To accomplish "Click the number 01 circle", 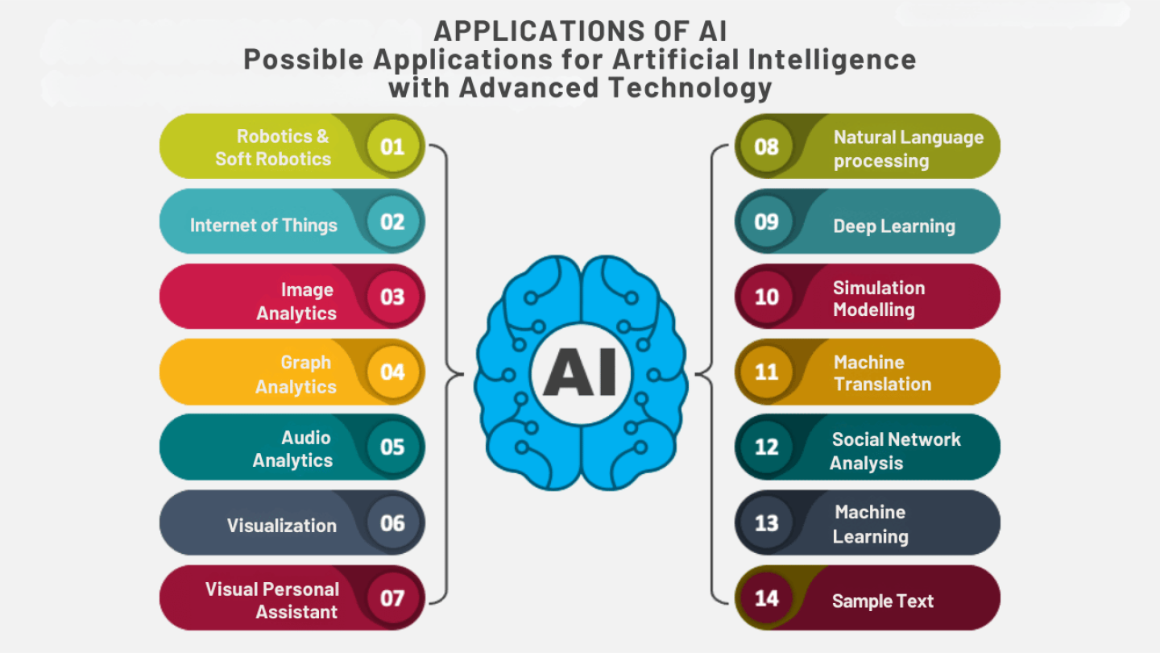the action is [x=392, y=147].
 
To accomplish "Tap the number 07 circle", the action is [x=392, y=598].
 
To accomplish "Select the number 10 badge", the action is [x=767, y=297].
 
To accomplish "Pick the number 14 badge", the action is [x=767, y=598].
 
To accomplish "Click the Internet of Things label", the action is [x=263, y=226].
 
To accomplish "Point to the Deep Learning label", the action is [x=894, y=227].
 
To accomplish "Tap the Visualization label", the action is [x=282, y=526].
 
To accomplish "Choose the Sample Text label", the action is [x=883, y=601].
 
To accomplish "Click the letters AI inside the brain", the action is [x=581, y=372].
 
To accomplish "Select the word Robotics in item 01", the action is [x=275, y=136].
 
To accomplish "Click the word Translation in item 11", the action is [x=883, y=385].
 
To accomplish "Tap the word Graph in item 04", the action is [x=305, y=362].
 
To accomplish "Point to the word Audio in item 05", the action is [x=306, y=438].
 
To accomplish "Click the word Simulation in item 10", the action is [x=880, y=288].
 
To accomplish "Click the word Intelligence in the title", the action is [x=832, y=59].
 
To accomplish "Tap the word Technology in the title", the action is [x=690, y=88].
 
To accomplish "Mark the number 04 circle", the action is [x=392, y=372].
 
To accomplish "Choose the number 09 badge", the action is [x=767, y=222].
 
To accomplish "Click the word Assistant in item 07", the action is [x=296, y=612].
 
